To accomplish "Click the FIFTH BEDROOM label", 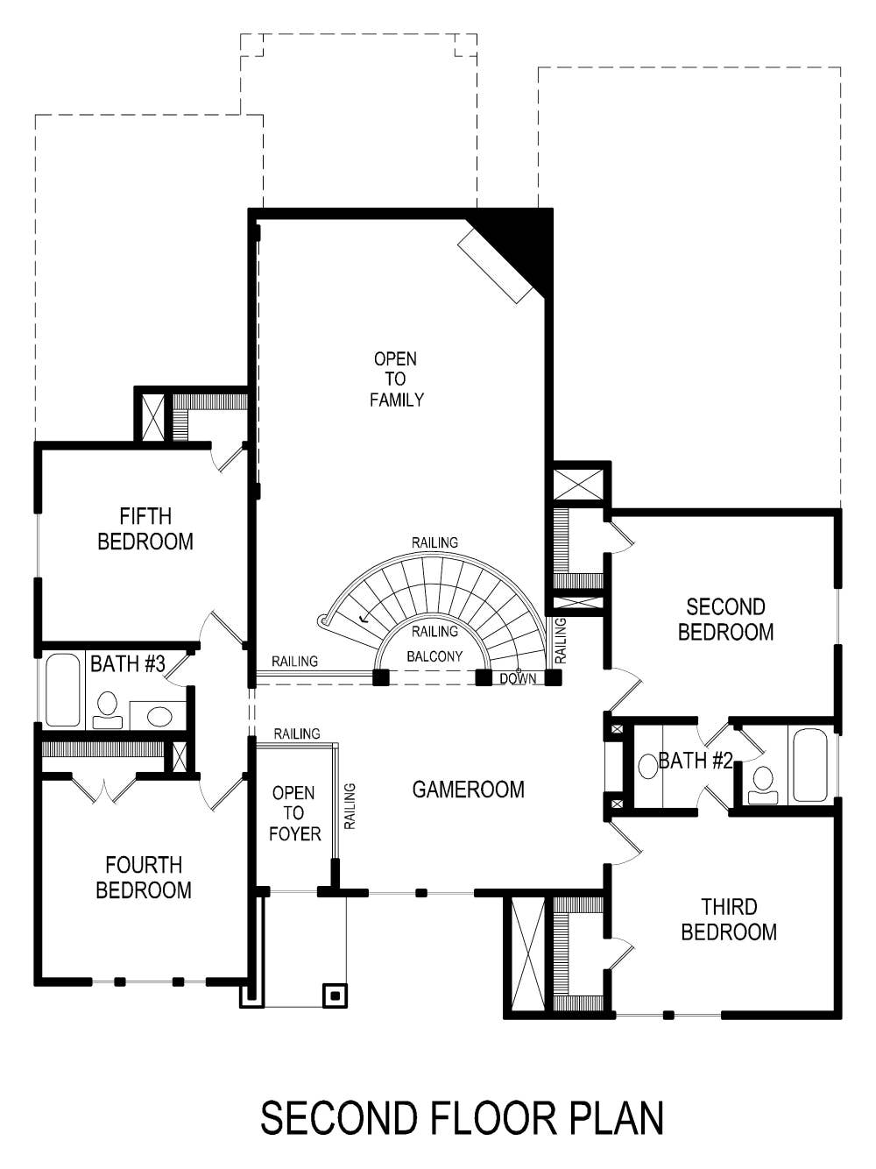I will pos(145,529).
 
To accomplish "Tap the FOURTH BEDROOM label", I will pos(144,878).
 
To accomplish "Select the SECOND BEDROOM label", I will pos(725,620).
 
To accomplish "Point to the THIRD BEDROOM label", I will pos(729,919).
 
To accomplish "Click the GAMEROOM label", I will pos(468,790).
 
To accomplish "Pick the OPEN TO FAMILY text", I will pos(396,379).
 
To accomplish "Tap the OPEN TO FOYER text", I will pos(294,813).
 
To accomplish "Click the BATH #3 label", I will pos(128,663).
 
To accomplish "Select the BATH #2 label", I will pos(696,761).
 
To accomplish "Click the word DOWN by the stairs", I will pos(518,678).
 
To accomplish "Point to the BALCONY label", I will pos(434,656).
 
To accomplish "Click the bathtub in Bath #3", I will pos(63,690).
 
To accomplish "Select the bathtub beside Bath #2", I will pos(809,765).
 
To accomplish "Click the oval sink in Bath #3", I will pos(159,716).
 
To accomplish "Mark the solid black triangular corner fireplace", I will pos(526,241).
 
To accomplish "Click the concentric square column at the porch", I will pos(335,995).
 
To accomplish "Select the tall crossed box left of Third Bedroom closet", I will pos(527,954).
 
